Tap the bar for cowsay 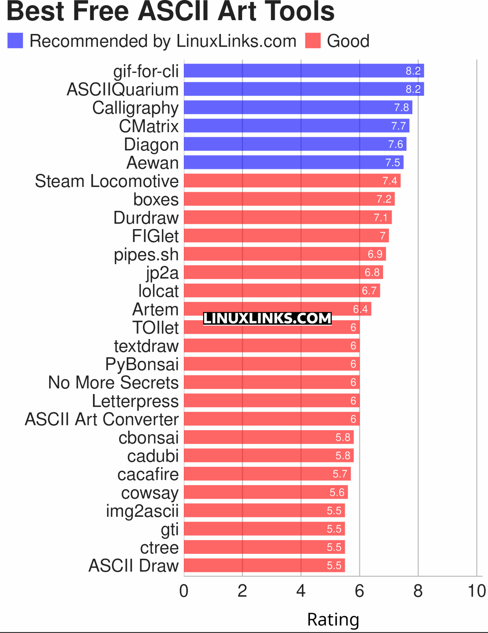point(266,492)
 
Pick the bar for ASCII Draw point(264,566)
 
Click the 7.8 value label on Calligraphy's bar point(401,108)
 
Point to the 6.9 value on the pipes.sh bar point(375,254)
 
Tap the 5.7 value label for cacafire point(340,474)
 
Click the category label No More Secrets point(113,383)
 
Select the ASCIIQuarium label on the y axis point(123,90)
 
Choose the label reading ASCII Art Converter point(102,419)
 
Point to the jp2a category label point(162,273)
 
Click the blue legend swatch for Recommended point(15,41)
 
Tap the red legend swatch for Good point(313,41)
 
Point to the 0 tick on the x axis point(184,591)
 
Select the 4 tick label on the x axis point(301,591)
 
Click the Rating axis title point(333,619)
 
